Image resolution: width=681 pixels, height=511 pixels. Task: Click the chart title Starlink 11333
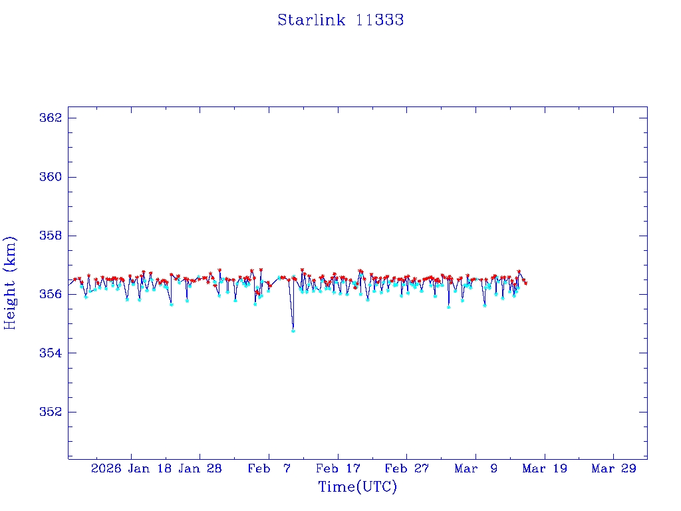point(340,20)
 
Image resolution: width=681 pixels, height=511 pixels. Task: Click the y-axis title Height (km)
point(10,282)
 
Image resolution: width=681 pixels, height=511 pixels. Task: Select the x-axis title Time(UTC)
point(358,487)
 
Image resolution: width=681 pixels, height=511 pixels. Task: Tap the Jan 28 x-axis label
point(201,469)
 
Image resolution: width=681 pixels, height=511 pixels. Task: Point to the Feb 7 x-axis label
point(269,469)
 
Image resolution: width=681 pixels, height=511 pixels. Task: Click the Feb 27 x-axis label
point(408,469)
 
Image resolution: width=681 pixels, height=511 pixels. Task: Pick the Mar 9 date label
point(476,469)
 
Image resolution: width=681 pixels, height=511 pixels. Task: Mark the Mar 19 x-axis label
point(545,469)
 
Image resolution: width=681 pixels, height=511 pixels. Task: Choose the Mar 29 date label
point(614,469)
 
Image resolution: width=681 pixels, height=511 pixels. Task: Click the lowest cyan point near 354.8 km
point(293,331)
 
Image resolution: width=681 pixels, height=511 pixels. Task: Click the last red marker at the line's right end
point(526,283)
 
